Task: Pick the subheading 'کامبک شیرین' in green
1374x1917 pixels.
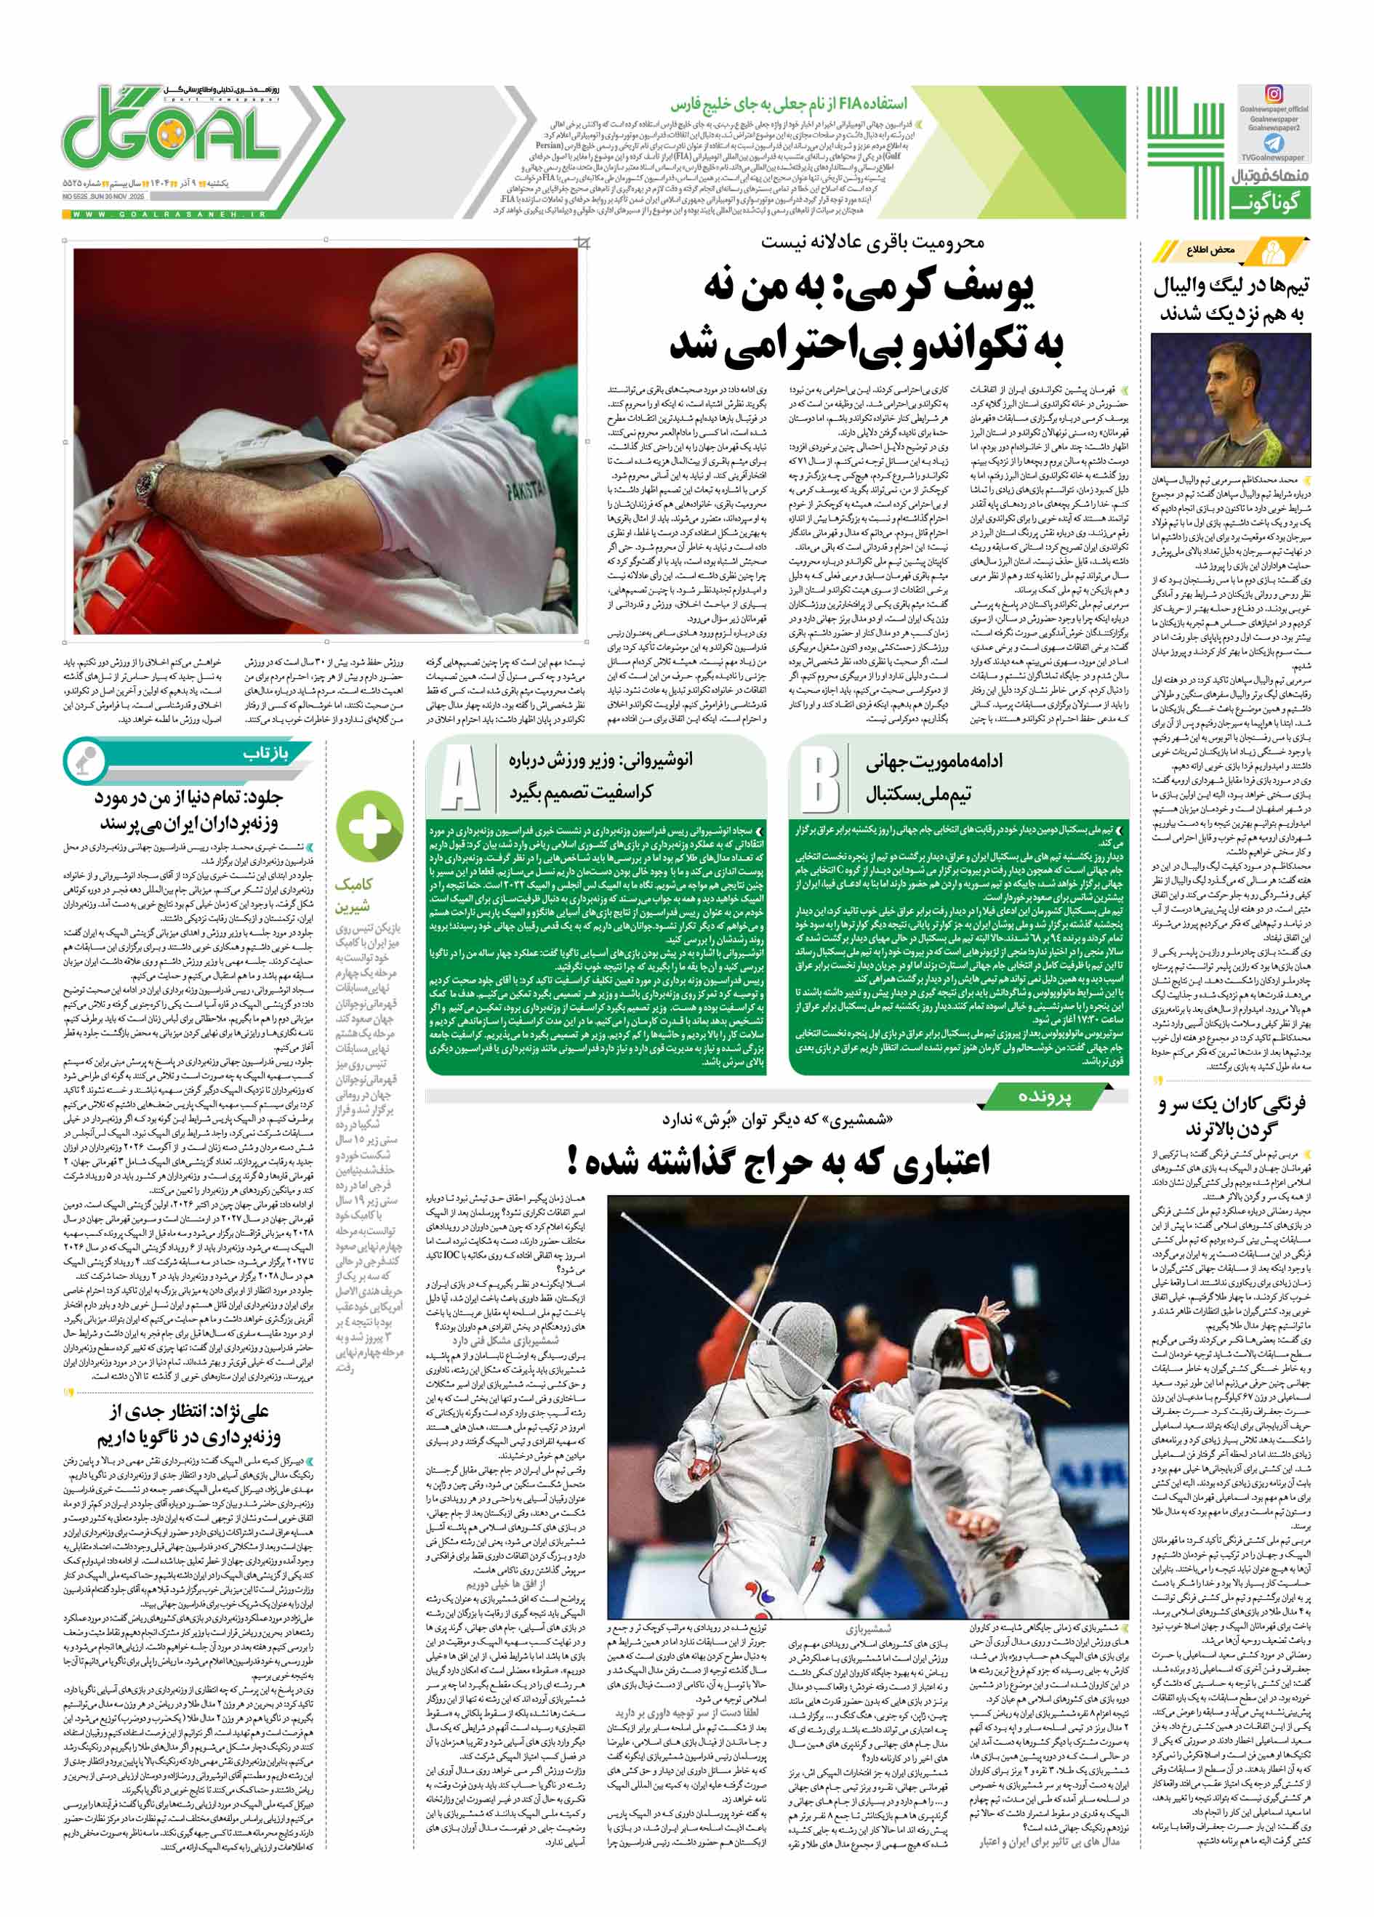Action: click(354, 895)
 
